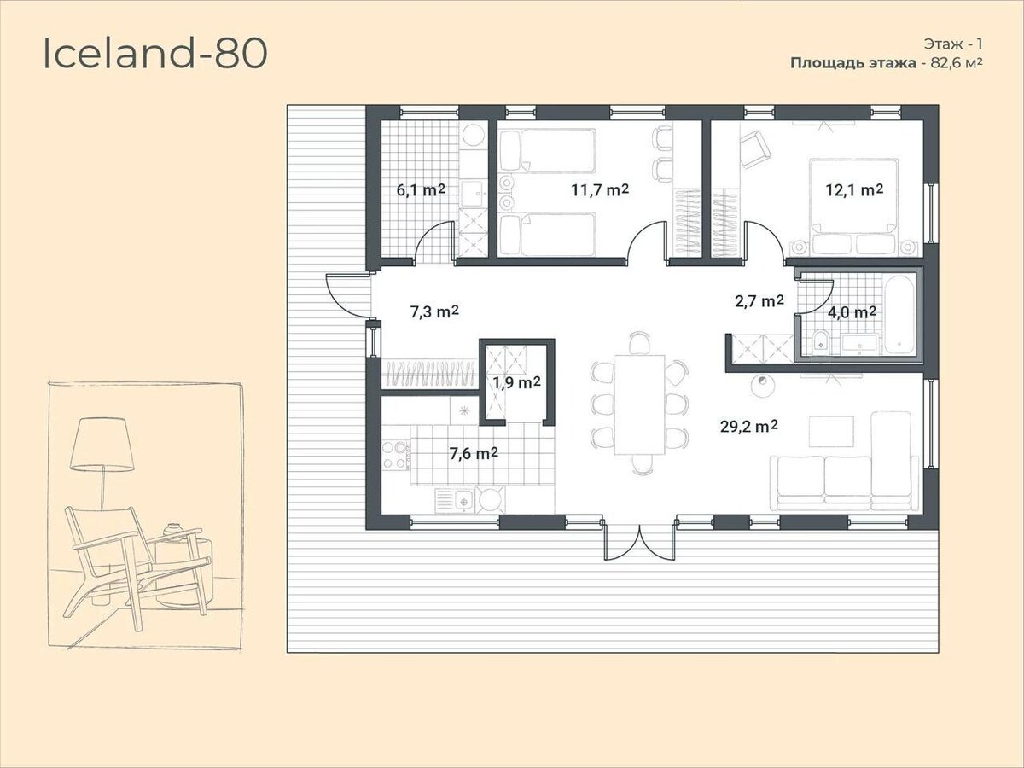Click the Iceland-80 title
[x=155, y=54]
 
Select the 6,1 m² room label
[x=421, y=189]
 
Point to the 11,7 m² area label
[x=600, y=189]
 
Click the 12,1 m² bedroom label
[x=854, y=189]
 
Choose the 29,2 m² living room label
[x=748, y=426]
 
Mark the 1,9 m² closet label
[x=517, y=383]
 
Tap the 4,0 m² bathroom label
[x=852, y=312]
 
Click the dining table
[x=640, y=404]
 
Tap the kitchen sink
[x=462, y=501]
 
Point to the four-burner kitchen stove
[x=397, y=455]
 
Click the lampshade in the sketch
[x=102, y=444]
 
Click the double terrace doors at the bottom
[x=640, y=542]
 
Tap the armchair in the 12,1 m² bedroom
[x=755, y=148]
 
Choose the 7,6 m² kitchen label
[x=474, y=453]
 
